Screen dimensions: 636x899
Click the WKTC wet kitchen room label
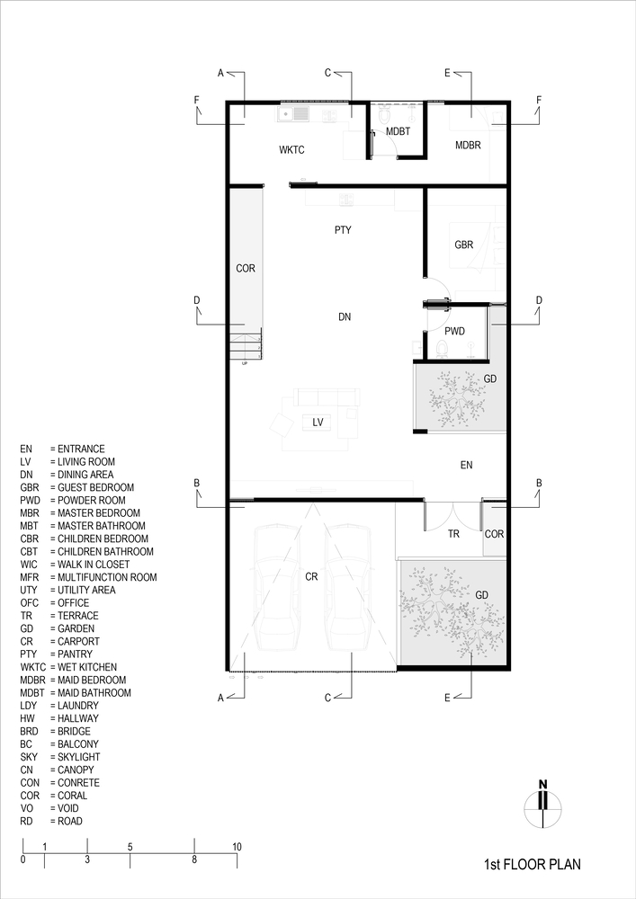pyautogui.click(x=291, y=150)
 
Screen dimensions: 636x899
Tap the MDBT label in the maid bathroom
pyautogui.click(x=398, y=131)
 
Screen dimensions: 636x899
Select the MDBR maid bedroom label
pyautogui.click(x=468, y=145)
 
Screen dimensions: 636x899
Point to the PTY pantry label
pyautogui.click(x=343, y=230)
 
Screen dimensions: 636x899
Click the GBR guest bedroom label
pyautogui.click(x=464, y=245)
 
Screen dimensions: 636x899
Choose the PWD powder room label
pyautogui.click(x=455, y=331)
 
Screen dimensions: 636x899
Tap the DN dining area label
pyautogui.click(x=345, y=316)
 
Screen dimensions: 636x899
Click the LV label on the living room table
pyautogui.click(x=318, y=423)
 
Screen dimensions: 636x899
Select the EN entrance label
pyautogui.click(x=466, y=465)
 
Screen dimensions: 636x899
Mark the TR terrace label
pyautogui.click(x=453, y=534)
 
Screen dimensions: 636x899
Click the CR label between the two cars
pyautogui.click(x=311, y=577)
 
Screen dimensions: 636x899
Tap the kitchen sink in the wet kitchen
pyautogui.click(x=293, y=114)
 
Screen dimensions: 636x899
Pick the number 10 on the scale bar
pyautogui.click(x=237, y=847)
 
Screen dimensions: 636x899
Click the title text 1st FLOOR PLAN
pyautogui.click(x=533, y=864)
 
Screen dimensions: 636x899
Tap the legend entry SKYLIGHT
pyautogui.click(x=78, y=757)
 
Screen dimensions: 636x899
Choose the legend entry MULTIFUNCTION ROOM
pyautogui.click(x=107, y=577)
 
